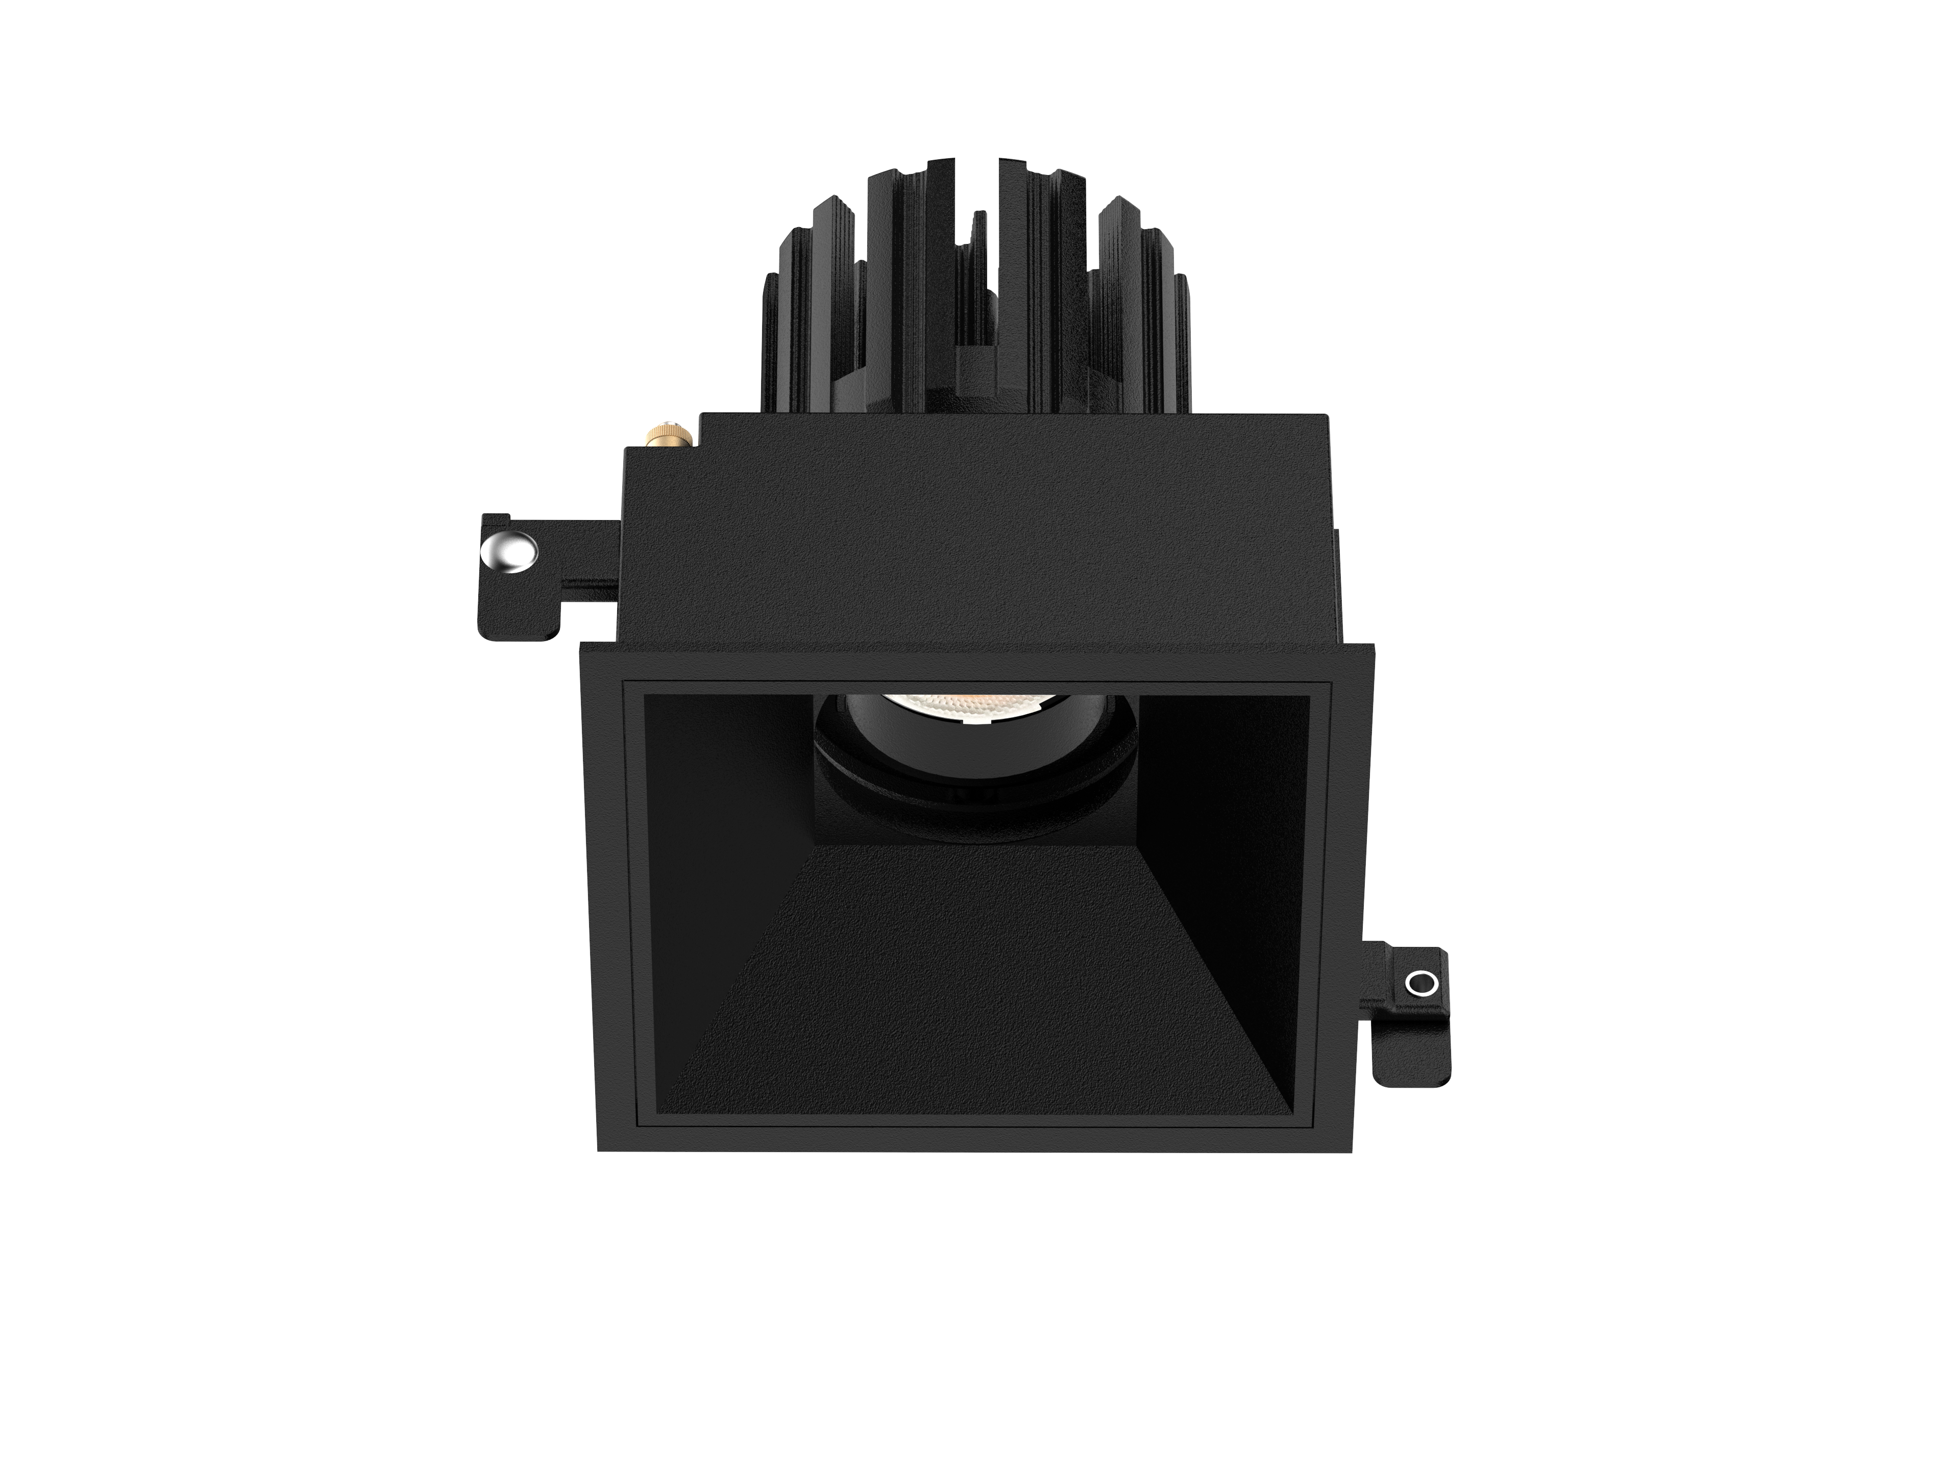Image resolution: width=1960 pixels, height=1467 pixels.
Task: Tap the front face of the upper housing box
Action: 975,549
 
